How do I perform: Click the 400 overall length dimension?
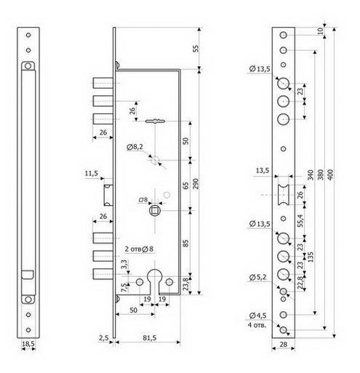coord(330,175)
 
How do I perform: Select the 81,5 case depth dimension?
coord(150,337)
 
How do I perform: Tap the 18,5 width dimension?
coord(28,344)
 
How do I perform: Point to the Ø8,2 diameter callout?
coord(135,147)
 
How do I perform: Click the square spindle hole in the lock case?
coord(155,211)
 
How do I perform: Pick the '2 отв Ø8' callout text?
coord(139,249)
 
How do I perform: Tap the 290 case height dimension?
coord(196,183)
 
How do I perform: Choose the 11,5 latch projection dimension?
coord(92,174)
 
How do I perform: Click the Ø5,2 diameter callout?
coord(257,277)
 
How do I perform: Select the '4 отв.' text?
coord(257,325)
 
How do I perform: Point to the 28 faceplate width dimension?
coord(283,344)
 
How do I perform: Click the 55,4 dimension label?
coord(300,220)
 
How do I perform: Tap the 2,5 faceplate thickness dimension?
coord(104,337)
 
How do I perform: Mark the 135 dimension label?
coord(311,257)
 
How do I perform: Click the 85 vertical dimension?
coord(185,243)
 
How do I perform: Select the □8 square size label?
coord(143,200)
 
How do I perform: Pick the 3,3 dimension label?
coord(124,264)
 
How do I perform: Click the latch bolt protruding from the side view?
coord(108,195)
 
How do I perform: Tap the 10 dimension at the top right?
coord(320,31)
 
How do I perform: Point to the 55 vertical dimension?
coord(196,49)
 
